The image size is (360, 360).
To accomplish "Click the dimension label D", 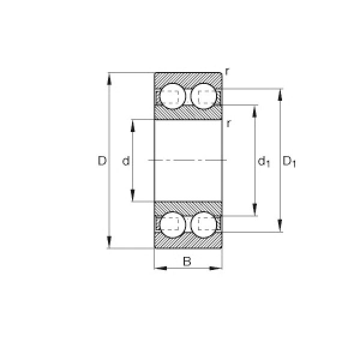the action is click(x=102, y=161).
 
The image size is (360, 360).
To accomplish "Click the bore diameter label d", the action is click(x=126, y=161).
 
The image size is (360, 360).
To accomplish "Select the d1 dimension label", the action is click(x=264, y=162).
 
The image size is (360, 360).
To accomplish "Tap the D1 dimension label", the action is click(x=289, y=161).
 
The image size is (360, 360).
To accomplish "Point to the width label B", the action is click(x=187, y=261).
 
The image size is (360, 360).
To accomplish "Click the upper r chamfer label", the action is click(x=227, y=71).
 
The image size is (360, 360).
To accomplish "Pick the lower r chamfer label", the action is click(x=228, y=124).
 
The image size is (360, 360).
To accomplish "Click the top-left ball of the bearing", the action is click(x=172, y=97).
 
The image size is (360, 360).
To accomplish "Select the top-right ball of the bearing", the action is click(x=204, y=97).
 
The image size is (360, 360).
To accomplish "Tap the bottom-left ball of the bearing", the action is click(x=172, y=224).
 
